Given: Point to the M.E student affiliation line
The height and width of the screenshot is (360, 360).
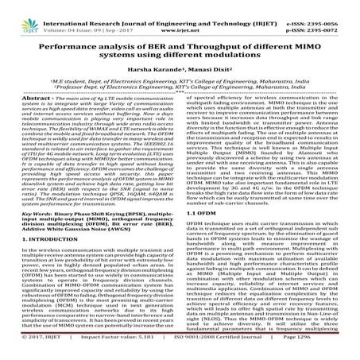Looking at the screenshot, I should point(180,82).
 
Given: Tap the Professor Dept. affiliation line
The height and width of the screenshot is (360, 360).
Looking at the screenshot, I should point(180,89).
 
